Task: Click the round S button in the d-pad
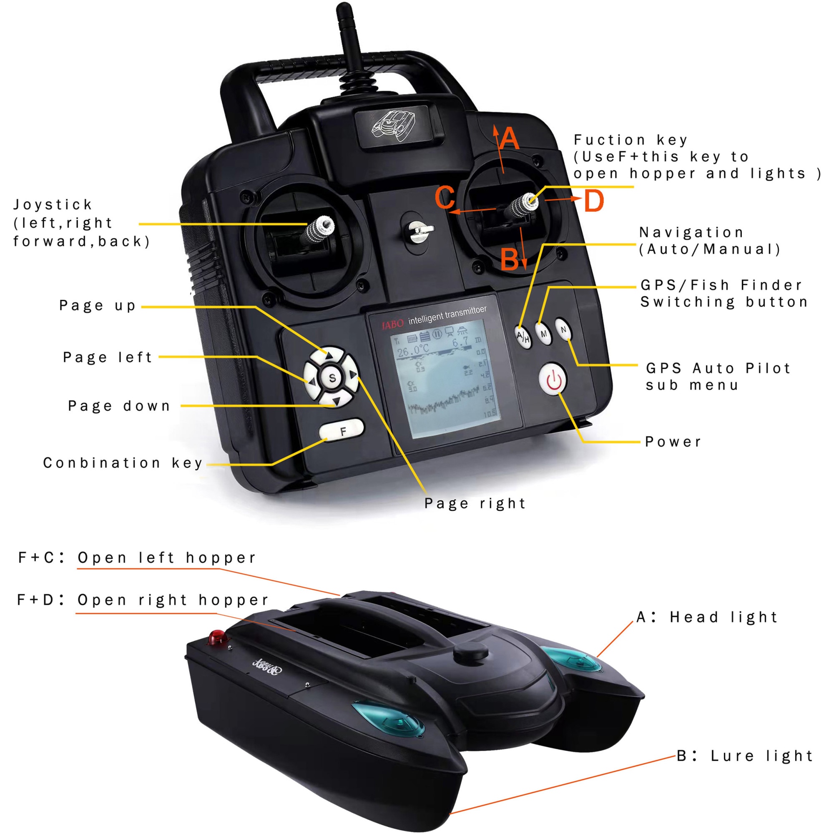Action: [332, 378]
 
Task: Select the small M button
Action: [543, 333]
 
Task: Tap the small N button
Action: [563, 329]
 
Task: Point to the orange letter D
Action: [594, 201]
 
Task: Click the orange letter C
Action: [445, 197]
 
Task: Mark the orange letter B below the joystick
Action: [510, 259]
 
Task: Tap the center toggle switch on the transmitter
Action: [417, 231]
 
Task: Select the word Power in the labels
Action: [673, 442]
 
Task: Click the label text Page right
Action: [475, 503]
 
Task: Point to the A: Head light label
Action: [707, 617]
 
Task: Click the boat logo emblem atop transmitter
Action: [394, 126]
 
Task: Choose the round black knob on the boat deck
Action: [471, 653]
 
